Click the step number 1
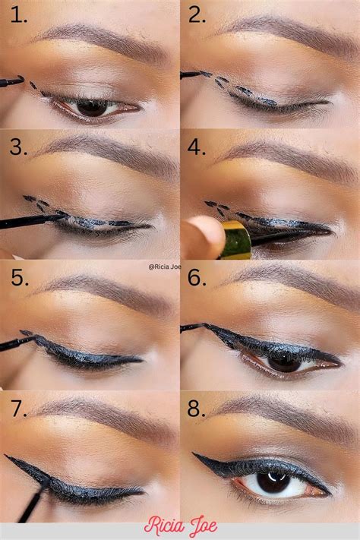(17, 13)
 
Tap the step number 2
(197, 13)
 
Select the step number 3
(17, 147)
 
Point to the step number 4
(197, 147)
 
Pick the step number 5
(17, 278)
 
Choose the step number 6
(197, 278)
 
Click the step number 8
(197, 409)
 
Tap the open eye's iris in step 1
(91, 108)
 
